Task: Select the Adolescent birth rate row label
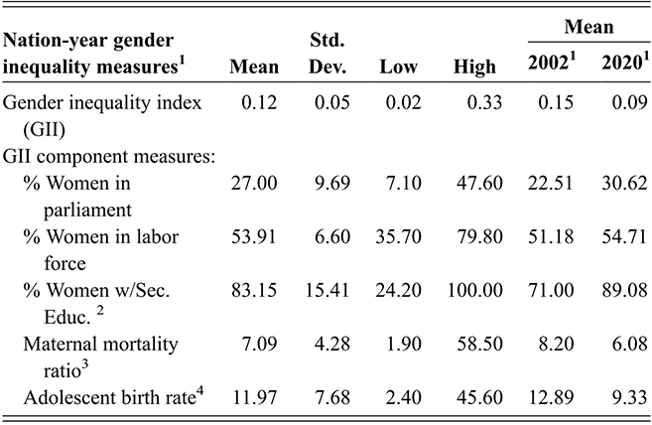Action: [x=116, y=399]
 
